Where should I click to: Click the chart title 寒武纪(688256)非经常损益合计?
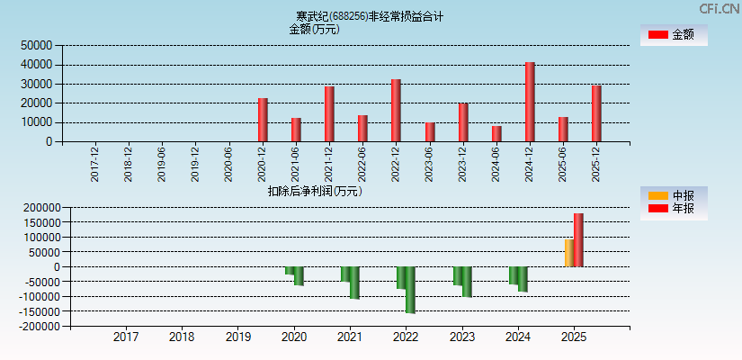pyautogui.click(x=370, y=16)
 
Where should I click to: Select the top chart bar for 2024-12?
pyautogui.click(x=530, y=102)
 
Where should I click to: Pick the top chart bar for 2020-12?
pyautogui.click(x=263, y=120)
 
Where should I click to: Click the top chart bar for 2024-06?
pyautogui.click(x=496, y=133)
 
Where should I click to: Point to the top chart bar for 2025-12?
pyautogui.click(x=596, y=113)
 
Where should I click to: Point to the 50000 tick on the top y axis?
pyautogui.click(x=37, y=45)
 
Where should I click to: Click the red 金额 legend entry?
pyautogui.click(x=673, y=34)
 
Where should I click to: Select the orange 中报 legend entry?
pyautogui.click(x=673, y=195)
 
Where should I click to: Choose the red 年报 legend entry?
pyautogui.click(x=673, y=209)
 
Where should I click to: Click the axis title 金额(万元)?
pyautogui.click(x=314, y=29)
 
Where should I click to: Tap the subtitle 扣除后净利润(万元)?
pyautogui.click(x=314, y=191)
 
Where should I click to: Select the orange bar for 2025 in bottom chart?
pyautogui.click(x=568, y=253)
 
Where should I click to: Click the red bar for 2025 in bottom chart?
pyautogui.click(x=578, y=240)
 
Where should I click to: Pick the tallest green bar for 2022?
pyautogui.click(x=410, y=290)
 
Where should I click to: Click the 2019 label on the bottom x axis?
pyautogui.click(x=237, y=337)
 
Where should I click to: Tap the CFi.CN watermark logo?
pyautogui.click(x=720, y=8)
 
